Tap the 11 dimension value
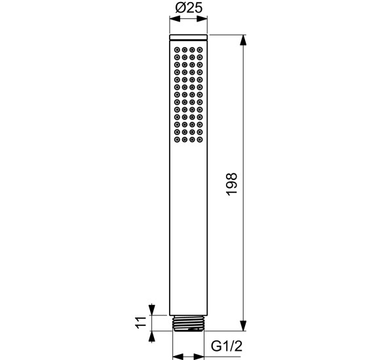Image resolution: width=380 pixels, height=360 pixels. (140, 322)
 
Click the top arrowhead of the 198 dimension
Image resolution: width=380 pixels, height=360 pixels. (244, 40)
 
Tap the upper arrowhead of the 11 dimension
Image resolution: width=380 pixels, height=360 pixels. (152, 310)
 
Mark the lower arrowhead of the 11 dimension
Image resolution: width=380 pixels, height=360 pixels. (152, 334)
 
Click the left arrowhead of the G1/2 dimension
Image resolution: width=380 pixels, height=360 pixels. (176, 357)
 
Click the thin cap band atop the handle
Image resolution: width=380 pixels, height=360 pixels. (188, 39)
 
